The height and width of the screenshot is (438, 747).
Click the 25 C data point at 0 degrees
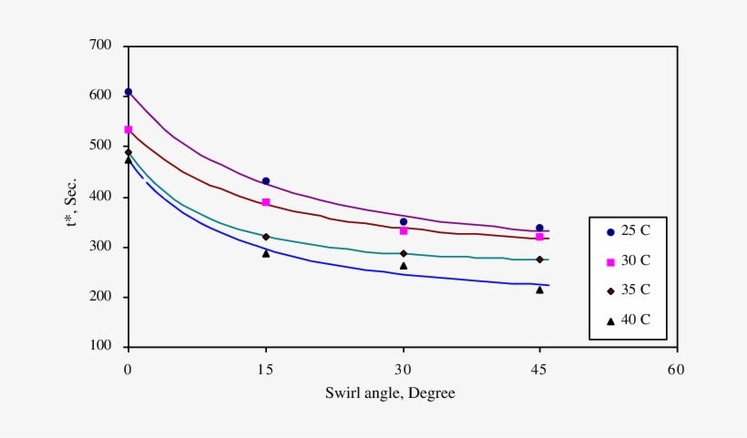[x=128, y=92]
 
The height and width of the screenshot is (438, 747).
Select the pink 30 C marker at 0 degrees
[x=128, y=130]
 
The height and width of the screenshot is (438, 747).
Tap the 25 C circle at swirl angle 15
[x=266, y=181]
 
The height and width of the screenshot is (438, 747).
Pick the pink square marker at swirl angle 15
[x=266, y=202]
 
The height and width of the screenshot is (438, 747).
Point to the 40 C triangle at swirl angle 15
[x=266, y=253]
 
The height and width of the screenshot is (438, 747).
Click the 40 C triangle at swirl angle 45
[x=539, y=290]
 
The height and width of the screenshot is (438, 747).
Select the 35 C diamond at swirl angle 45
[x=539, y=260]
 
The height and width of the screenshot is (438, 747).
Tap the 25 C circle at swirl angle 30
[x=404, y=221]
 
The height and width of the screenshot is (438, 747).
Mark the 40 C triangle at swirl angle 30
[x=404, y=266]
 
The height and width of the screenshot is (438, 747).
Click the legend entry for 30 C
[x=629, y=261]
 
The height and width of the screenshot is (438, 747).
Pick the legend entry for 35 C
[x=629, y=290]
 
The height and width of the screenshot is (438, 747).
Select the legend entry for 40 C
[x=629, y=319]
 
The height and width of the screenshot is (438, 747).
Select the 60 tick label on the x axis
[x=675, y=370]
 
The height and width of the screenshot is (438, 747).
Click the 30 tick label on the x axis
[x=402, y=370]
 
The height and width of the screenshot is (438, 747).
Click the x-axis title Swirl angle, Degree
[x=390, y=393]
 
